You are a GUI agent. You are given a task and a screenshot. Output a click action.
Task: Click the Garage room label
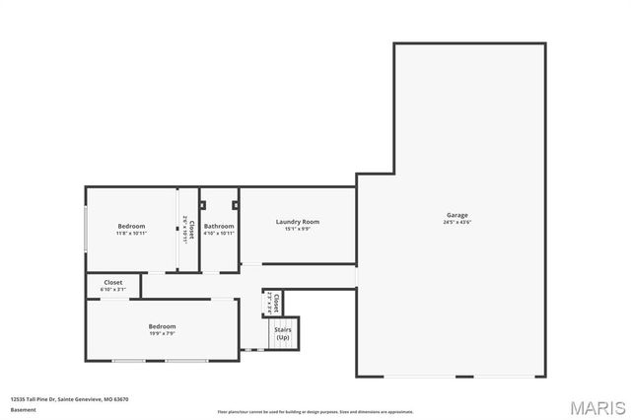[456, 215]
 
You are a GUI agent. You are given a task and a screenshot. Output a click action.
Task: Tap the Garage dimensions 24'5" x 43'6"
[456, 223]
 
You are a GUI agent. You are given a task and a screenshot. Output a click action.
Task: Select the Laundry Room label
[297, 222]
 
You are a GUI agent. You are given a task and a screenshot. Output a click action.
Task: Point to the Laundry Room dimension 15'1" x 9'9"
[297, 229]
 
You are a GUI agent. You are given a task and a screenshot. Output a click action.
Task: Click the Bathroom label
[219, 227]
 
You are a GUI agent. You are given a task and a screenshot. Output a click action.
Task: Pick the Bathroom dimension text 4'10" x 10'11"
[219, 234]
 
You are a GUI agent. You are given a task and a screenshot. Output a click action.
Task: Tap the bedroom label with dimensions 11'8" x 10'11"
[131, 227]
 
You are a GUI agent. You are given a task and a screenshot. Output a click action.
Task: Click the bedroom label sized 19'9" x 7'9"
[162, 326]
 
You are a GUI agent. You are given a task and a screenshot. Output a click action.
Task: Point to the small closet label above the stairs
[277, 301]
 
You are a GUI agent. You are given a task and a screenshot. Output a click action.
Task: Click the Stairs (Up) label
[282, 333]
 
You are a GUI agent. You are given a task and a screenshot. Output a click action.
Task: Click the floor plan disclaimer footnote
[315, 411]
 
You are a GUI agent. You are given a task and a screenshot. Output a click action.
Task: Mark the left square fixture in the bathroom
[203, 205]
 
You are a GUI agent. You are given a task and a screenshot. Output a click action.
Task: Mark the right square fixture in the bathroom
[235, 205]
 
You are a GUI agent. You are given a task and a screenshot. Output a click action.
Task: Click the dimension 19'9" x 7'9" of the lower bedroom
[162, 333]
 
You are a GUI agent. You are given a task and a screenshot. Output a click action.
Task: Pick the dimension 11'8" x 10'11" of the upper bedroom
[131, 234]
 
